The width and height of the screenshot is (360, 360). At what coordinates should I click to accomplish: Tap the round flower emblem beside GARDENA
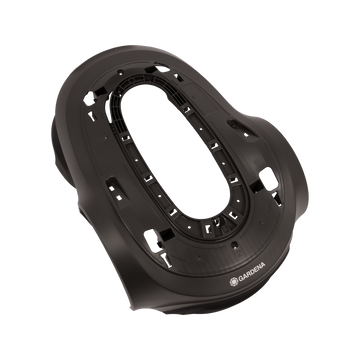[x=234, y=282]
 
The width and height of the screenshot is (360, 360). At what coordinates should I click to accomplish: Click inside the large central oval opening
[x=175, y=151]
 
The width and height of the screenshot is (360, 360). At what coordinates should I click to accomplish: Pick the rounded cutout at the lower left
[x=153, y=240]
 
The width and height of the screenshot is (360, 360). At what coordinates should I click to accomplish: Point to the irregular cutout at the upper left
[x=89, y=99]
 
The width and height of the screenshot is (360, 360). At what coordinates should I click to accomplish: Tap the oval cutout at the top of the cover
[x=162, y=68]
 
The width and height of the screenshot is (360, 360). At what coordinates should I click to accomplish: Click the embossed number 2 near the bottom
[x=238, y=253]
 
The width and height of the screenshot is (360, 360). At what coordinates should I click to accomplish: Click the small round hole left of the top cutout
[x=121, y=72]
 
